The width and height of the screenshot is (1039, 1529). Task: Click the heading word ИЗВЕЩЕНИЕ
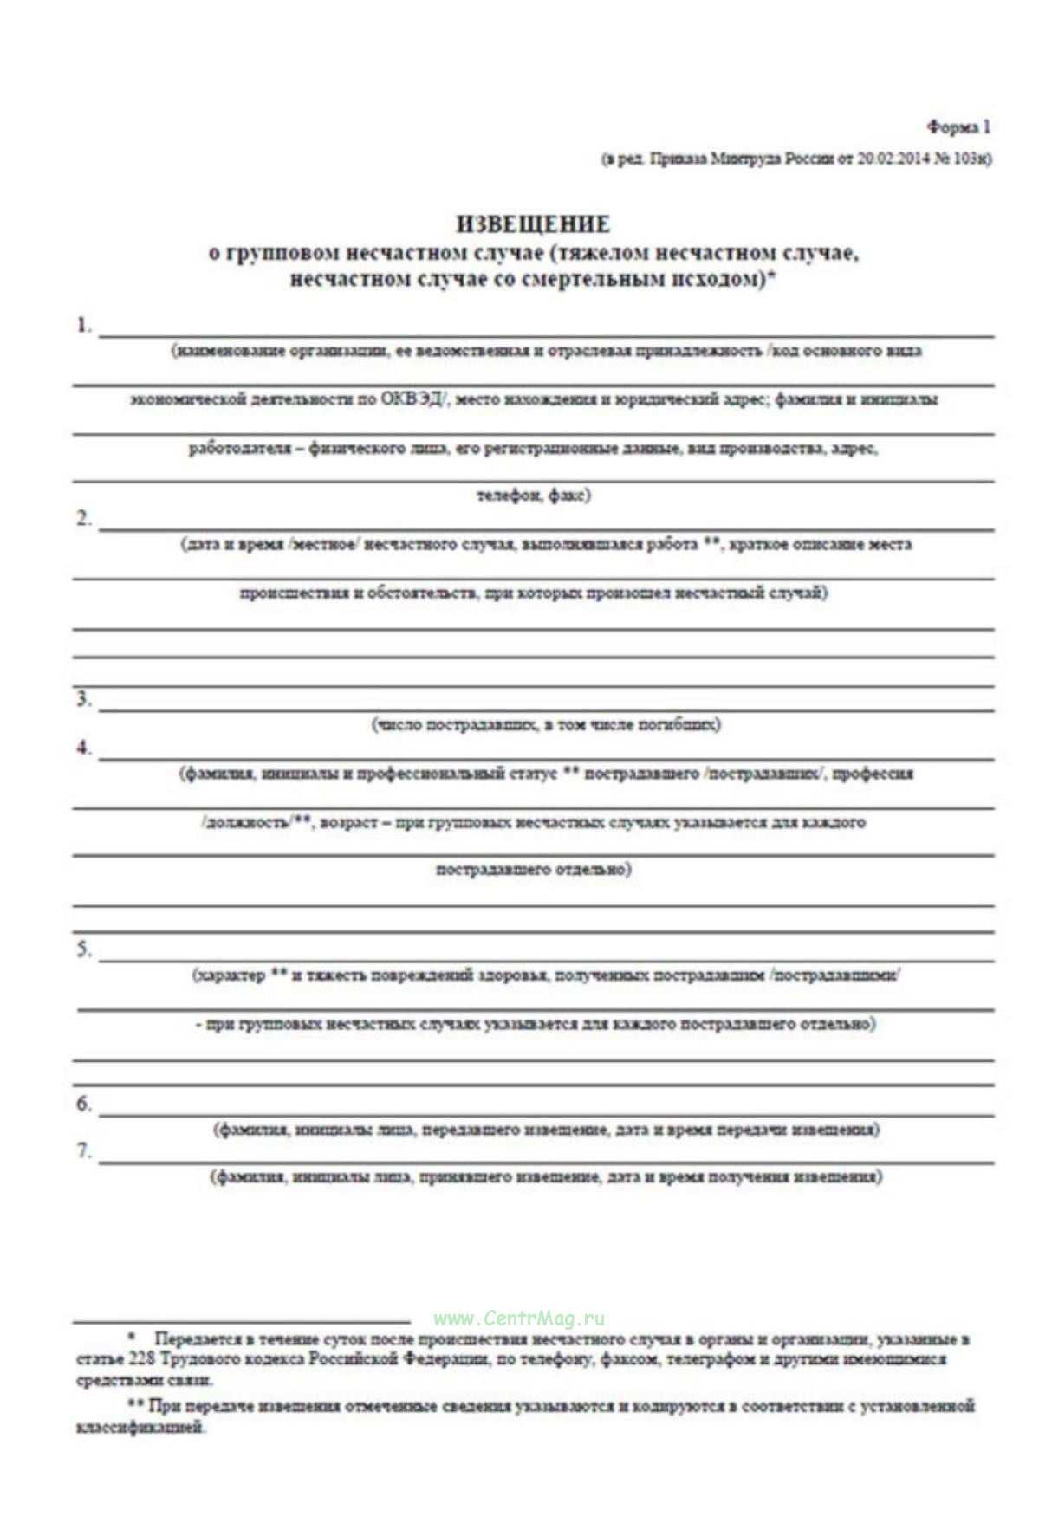coord(533,224)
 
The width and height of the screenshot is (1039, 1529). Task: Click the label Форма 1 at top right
coord(959,128)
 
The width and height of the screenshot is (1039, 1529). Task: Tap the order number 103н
coord(971,159)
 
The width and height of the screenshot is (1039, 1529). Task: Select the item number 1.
coord(83,327)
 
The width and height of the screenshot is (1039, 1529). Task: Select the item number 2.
coord(83,520)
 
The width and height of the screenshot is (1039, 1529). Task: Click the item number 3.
coord(83,700)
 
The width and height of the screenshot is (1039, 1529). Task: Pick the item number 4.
coord(83,748)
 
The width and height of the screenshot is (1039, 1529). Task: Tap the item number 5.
coord(83,950)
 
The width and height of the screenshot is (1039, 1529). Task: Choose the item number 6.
coord(83,1105)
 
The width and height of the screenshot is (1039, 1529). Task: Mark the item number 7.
coord(83,1152)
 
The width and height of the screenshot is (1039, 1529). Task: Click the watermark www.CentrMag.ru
coord(519,1319)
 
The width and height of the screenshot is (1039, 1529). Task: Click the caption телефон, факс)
coord(534,496)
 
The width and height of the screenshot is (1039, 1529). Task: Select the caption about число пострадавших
coord(546,725)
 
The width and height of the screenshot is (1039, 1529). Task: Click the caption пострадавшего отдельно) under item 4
coord(533,870)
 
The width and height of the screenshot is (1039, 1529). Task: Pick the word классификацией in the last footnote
coord(141,1429)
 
